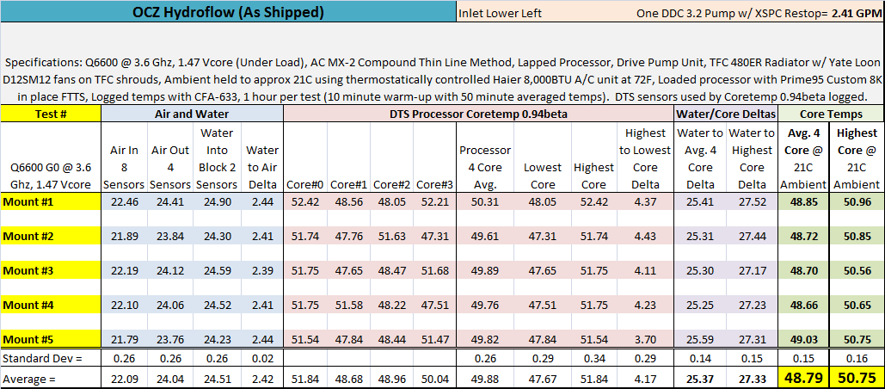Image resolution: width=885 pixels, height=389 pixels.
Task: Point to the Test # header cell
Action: pos(51,114)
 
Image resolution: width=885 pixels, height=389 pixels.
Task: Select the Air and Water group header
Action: pos(193,114)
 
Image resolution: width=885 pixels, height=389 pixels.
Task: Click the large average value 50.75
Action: pos(857,377)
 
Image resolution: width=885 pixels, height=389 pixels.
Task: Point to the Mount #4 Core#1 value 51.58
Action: pos(347,306)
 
